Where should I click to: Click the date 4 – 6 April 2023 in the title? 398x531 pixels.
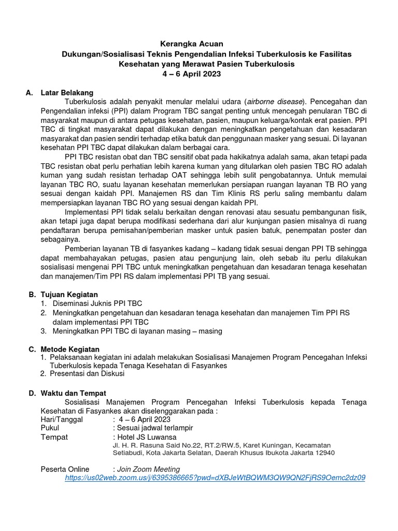(192, 74)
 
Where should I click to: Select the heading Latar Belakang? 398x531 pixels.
(66, 92)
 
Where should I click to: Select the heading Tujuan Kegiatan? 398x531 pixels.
(69, 294)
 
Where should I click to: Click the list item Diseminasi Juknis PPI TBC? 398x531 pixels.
(97, 303)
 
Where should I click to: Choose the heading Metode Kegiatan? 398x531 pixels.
(70, 349)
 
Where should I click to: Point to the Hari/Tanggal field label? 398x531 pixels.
(62, 419)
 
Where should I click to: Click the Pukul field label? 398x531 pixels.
(50, 428)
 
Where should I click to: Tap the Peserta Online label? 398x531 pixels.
(65, 469)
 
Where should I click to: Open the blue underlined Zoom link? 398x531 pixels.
(215, 478)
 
